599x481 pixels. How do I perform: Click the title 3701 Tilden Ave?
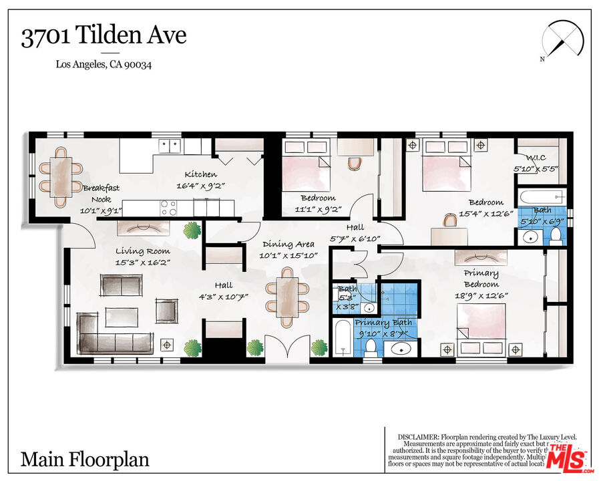pyautogui.click(x=104, y=36)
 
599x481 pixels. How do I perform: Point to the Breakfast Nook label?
pyautogui.click(x=101, y=193)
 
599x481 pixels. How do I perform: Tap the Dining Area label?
pyautogui.click(x=288, y=245)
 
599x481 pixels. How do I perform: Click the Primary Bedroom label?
pyautogui.click(x=481, y=278)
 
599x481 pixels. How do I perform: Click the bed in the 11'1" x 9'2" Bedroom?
pyautogui.click(x=306, y=165)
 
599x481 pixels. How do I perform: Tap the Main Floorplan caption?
pyautogui.click(x=85, y=460)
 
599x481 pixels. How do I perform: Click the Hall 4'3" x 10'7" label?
pyautogui.click(x=224, y=291)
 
